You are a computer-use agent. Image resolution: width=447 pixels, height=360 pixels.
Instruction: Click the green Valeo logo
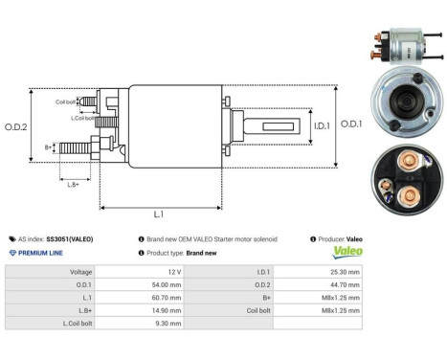pyautogui.click(x=347, y=253)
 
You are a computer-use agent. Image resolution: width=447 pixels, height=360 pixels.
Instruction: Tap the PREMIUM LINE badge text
pyautogui.click(x=42, y=253)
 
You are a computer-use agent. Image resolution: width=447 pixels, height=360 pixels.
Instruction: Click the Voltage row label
pyautogui.click(x=81, y=272)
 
